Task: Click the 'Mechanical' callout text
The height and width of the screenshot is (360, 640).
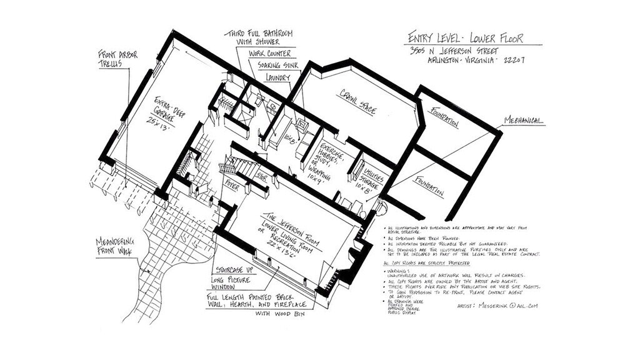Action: (524, 121)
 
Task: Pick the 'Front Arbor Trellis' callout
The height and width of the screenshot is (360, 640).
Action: (117, 59)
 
